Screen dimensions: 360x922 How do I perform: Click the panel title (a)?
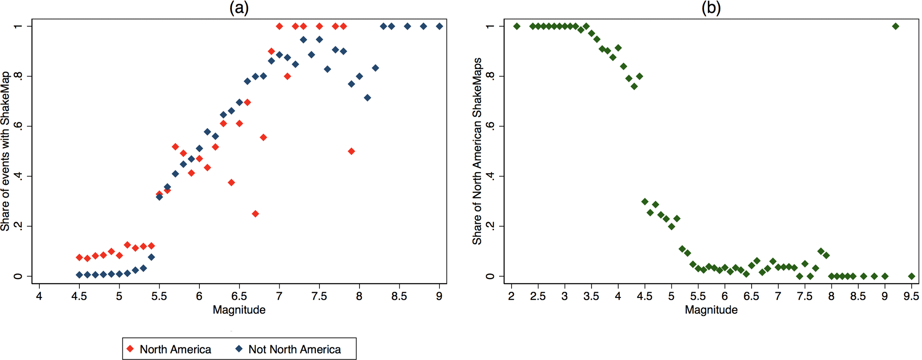tap(239, 8)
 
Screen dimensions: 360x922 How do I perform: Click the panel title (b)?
tap(711, 8)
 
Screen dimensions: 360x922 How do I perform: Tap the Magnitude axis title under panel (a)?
tap(239, 310)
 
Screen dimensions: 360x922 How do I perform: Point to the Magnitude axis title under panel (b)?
tap(711, 310)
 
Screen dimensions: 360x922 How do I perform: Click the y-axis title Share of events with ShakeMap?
tap(6, 151)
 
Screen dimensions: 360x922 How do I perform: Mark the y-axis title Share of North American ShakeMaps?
tap(477, 151)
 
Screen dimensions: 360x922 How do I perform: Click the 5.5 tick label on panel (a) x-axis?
tap(159, 297)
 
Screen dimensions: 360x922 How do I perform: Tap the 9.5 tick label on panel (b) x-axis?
tap(911, 297)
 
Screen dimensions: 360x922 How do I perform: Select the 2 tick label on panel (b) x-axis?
tap(512, 297)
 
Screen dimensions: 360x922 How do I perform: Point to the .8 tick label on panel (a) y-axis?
tap(18, 76)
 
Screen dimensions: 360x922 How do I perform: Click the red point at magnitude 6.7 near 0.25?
tap(255, 214)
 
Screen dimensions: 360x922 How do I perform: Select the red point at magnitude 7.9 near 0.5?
tap(351, 151)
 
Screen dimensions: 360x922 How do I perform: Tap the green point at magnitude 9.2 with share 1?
tap(895, 26)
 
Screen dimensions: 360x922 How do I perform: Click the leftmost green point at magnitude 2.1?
tap(517, 26)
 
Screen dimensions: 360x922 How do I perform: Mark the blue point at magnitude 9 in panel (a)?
tap(439, 26)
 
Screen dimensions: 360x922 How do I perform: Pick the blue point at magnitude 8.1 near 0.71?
tap(368, 98)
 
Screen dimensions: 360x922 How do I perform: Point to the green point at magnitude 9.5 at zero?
tap(911, 276)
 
